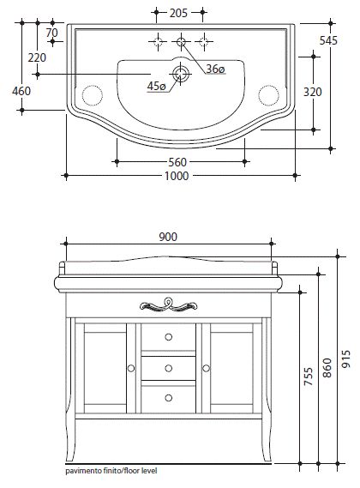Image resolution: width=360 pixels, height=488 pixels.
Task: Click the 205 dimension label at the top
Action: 178,13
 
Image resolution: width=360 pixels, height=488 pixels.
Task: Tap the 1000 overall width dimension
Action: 177,176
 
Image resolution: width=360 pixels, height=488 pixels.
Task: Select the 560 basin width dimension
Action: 177,162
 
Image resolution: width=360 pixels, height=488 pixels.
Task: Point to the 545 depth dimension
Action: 328,40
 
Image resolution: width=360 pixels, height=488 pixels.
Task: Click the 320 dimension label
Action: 312,92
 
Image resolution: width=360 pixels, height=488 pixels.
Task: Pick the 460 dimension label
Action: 21,91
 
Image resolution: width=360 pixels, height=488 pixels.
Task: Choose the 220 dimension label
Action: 37,57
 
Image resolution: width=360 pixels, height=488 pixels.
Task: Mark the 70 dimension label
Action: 51,33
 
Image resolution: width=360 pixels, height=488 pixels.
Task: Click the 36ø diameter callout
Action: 215,69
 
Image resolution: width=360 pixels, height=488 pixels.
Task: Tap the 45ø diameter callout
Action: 156,86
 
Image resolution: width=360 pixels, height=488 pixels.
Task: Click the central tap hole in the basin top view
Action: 181,41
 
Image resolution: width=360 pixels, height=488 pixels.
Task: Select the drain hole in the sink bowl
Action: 181,74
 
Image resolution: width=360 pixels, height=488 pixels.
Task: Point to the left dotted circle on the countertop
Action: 93,95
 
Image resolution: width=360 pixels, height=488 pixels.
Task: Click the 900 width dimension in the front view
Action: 168,237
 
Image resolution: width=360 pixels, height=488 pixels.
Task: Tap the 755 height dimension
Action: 309,376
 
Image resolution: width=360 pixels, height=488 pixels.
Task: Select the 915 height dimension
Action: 345,358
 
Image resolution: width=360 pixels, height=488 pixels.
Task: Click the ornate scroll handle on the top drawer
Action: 168,304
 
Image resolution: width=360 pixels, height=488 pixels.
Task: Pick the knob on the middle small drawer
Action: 168,369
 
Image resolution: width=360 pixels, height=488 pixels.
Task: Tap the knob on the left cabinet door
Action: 131,369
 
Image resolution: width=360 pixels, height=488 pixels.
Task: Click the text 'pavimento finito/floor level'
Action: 111,471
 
